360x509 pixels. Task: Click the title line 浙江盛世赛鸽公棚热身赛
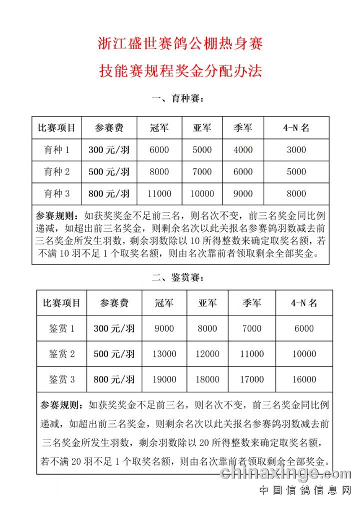[180, 44]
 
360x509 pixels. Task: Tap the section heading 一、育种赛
[178, 99]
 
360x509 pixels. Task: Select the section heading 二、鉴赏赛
[178, 277]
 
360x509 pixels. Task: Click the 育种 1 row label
[56, 149]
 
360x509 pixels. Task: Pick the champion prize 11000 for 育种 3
[159, 193]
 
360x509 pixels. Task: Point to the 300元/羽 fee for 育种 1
[109, 149]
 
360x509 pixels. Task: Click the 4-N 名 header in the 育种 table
[296, 127]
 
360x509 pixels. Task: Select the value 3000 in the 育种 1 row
[296, 149]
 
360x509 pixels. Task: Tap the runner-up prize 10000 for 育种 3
[202, 193]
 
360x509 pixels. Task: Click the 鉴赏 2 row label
[61, 354]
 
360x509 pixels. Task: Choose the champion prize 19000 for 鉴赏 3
[164, 379]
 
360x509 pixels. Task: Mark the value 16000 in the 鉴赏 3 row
[304, 379]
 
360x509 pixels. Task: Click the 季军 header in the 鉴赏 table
[251, 303]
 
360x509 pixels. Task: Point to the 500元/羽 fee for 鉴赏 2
[114, 354]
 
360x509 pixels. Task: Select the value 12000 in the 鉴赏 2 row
[207, 354]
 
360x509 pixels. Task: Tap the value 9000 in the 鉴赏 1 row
[164, 328]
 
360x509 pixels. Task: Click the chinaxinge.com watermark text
[286, 473]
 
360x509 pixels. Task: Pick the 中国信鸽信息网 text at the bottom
[305, 490]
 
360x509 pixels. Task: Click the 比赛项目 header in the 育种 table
[56, 127]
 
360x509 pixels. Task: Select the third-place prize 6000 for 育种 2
[243, 171]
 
